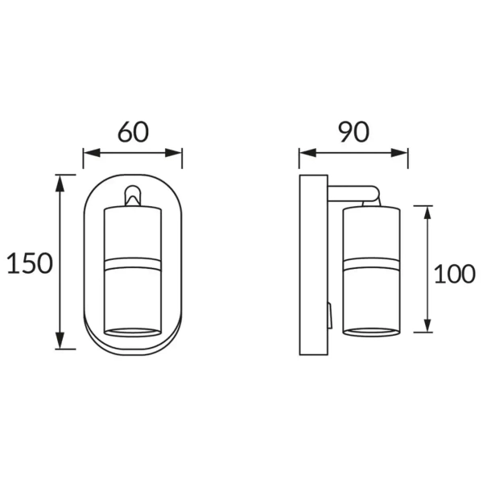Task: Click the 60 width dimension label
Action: (x=133, y=132)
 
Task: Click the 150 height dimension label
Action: (x=30, y=263)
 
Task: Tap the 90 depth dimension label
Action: (x=353, y=132)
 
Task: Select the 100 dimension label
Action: (x=454, y=274)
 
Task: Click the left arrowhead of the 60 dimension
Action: (x=92, y=152)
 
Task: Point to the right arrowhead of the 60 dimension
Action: (x=173, y=152)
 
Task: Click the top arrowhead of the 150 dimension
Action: (x=60, y=184)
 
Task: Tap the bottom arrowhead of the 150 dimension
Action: (x=60, y=341)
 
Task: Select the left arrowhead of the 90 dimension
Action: (x=308, y=152)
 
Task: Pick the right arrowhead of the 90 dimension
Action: (x=399, y=152)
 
